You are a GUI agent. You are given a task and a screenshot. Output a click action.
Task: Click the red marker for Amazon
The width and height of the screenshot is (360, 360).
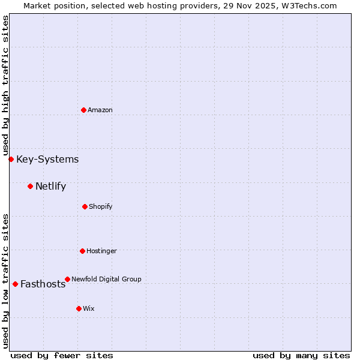point(83,110)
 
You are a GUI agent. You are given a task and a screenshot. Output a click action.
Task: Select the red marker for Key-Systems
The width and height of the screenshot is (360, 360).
point(11,159)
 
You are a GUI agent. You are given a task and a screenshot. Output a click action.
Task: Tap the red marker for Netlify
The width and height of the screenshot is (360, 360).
point(30,186)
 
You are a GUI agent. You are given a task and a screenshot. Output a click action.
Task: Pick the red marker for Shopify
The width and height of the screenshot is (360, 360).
point(85,206)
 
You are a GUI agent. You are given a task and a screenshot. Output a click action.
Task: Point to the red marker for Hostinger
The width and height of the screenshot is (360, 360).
point(82,251)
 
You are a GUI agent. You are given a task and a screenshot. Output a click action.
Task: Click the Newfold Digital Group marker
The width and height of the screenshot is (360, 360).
point(67,279)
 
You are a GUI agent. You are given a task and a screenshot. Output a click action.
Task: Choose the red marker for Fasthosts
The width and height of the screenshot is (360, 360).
point(15,284)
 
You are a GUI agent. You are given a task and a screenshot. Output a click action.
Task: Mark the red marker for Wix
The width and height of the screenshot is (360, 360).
point(79,308)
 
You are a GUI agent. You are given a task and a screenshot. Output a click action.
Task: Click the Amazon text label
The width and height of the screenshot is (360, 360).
point(100,110)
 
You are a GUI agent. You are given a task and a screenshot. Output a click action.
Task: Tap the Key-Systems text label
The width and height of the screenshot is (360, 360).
point(47,159)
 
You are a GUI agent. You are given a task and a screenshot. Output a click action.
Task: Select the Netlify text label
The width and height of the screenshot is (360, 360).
point(50,186)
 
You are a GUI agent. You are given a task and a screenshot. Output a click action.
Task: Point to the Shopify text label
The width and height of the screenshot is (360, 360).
point(101,206)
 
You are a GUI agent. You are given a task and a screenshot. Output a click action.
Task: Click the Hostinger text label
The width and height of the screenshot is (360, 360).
point(101,251)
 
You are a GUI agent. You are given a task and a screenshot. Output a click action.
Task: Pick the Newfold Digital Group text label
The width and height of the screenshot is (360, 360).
point(107,279)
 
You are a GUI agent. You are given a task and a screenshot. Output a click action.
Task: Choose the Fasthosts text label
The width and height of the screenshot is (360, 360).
point(43,284)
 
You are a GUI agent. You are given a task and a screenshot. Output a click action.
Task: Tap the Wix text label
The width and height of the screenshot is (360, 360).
point(89,308)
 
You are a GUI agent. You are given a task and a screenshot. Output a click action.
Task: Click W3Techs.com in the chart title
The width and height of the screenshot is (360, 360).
point(311,5)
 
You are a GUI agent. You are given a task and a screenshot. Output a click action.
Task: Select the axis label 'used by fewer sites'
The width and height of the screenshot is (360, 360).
point(62,355)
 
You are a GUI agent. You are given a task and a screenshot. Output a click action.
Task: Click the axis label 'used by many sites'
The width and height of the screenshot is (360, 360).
point(301,355)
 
